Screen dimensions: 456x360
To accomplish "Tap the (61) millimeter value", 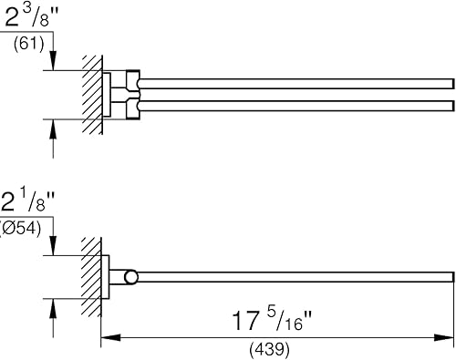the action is point(29,44).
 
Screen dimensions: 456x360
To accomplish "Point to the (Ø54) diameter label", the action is point(20,228).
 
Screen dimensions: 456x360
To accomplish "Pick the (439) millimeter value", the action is point(269,349).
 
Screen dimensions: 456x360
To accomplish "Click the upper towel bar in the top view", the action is point(296,84).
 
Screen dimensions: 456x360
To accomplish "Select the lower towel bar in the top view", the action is point(296,106).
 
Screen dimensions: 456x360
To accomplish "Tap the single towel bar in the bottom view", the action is point(295,277).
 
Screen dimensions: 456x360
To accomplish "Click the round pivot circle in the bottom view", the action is point(131,277).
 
